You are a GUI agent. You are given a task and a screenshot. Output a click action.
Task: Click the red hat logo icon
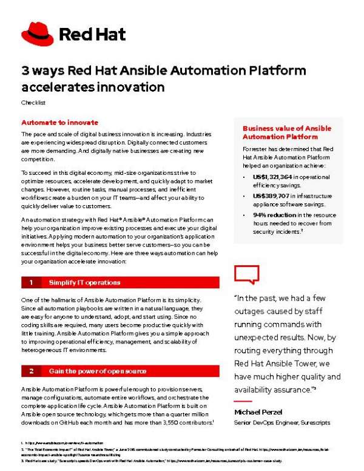37,33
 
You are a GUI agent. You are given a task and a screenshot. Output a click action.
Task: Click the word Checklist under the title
32,103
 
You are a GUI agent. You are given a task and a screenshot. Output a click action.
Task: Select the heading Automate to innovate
59,122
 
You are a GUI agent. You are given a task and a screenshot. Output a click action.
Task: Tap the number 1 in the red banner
30,282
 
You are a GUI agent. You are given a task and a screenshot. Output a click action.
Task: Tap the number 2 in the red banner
30,371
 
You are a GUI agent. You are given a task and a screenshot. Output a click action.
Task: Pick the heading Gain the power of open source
97,371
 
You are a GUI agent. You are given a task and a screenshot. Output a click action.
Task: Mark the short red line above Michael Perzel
242,401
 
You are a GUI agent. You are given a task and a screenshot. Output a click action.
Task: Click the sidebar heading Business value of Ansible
286,128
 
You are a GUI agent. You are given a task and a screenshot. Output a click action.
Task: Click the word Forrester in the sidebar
256,148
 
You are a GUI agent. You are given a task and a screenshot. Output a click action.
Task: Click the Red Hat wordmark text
92,34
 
